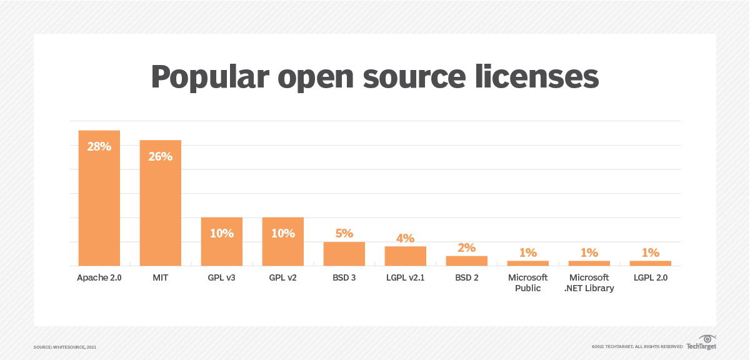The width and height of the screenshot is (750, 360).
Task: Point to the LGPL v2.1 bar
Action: pyautogui.click(x=405, y=256)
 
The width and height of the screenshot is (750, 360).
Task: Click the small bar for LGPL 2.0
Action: pyautogui.click(x=650, y=263)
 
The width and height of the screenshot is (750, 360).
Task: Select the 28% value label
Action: pyautogui.click(x=99, y=147)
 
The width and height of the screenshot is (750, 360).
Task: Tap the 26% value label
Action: pyautogui.click(x=160, y=156)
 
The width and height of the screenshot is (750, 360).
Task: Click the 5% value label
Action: pyautogui.click(x=344, y=233)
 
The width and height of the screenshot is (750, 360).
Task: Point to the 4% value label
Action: pyautogui.click(x=405, y=238)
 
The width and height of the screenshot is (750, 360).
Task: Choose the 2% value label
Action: pyautogui.click(x=466, y=247)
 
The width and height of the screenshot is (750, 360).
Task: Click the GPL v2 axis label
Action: pyautogui.click(x=282, y=278)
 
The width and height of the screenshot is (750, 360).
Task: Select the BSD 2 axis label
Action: pyautogui.click(x=466, y=278)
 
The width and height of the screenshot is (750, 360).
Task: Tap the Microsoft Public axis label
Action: pyautogui.click(x=527, y=282)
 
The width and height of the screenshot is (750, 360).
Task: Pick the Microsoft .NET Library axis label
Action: pyautogui.click(x=589, y=282)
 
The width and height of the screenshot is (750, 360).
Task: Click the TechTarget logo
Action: pyautogui.click(x=701, y=343)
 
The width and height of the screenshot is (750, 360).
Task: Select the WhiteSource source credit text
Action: pyautogui.click(x=65, y=346)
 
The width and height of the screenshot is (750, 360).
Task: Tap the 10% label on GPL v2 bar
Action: pyautogui.click(x=282, y=233)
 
